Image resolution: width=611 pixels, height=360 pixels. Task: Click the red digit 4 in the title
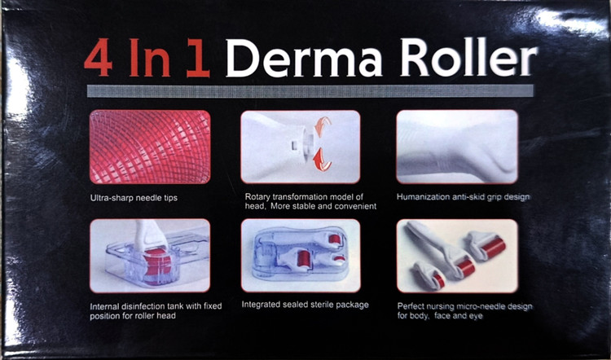[x=99, y=57]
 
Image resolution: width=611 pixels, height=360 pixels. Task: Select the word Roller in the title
[x=468, y=57]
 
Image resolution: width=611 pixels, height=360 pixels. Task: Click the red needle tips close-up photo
[x=150, y=147]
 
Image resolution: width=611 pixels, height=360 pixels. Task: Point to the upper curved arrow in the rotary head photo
[x=323, y=126]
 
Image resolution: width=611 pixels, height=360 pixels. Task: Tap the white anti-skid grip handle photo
[x=457, y=147]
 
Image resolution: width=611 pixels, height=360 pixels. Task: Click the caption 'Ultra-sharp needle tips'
[x=134, y=198]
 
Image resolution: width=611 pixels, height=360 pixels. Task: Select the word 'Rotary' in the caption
[x=257, y=197]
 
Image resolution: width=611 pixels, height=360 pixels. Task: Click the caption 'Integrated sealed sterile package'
[x=305, y=305]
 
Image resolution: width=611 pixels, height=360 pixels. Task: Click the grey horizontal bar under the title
[x=310, y=90]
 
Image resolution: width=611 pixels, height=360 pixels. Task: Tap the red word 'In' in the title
[x=150, y=57]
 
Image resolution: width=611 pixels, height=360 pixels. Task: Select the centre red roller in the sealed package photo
[x=304, y=259]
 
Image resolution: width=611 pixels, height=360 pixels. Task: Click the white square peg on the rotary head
[x=294, y=146]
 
